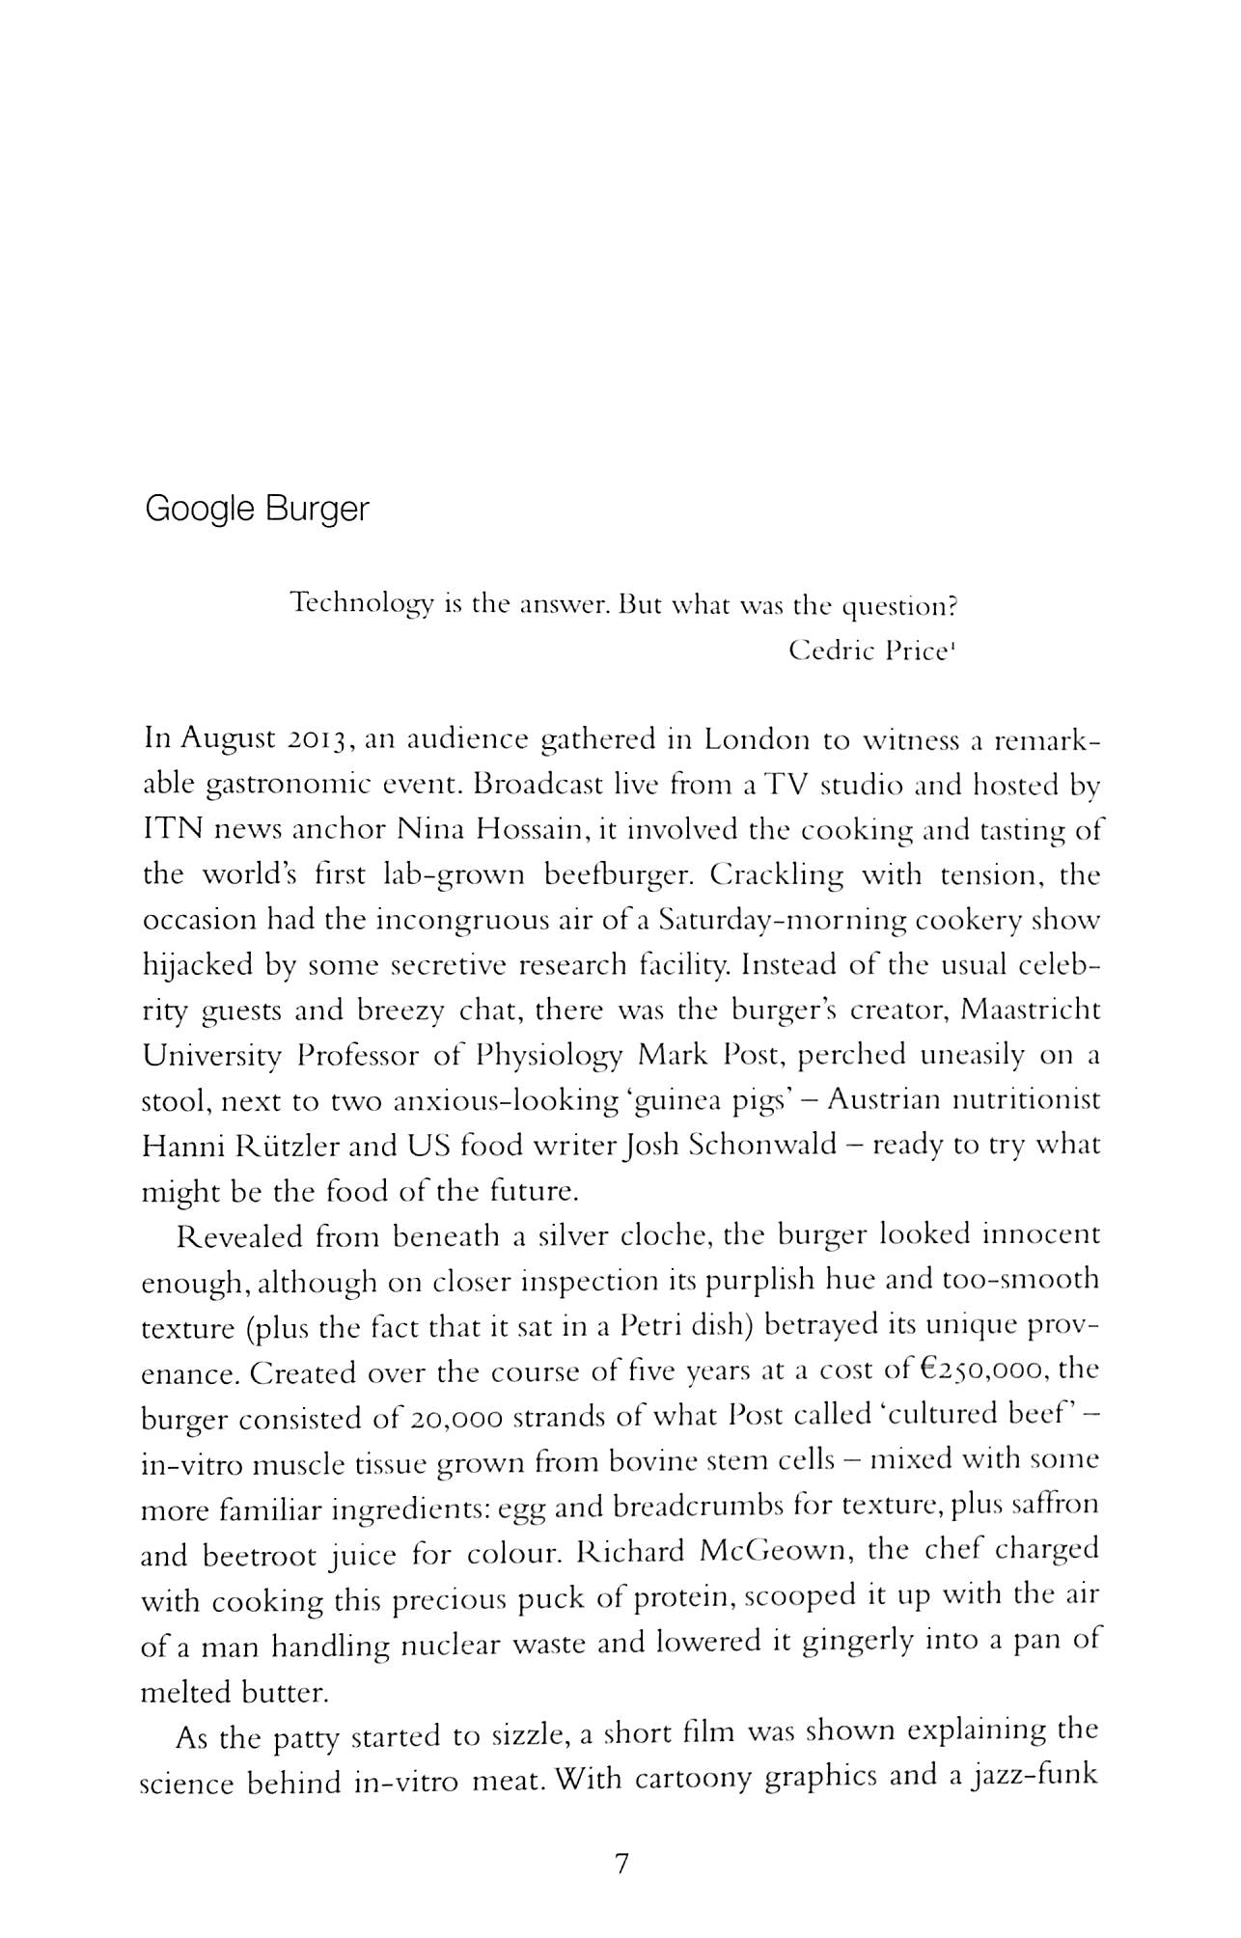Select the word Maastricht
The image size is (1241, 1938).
click(1032, 1011)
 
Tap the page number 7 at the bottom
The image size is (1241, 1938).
click(620, 1863)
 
